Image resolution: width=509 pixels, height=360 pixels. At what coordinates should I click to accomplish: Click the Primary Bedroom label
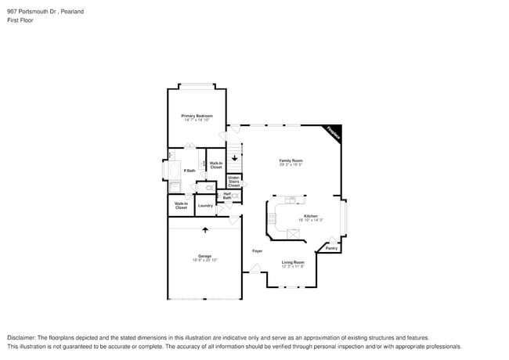tap(197, 116)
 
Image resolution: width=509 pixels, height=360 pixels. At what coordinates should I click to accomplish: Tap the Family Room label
tap(291, 160)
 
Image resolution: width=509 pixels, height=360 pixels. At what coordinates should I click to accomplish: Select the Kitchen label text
tap(310, 216)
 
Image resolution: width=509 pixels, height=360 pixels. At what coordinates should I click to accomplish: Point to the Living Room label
tap(293, 262)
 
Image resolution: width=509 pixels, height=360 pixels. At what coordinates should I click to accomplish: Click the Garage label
tap(204, 256)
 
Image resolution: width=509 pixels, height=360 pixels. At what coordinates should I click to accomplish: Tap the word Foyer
tap(257, 250)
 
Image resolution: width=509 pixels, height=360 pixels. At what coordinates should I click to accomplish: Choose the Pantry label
tap(331, 248)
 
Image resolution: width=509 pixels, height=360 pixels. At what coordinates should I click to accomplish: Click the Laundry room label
tap(205, 206)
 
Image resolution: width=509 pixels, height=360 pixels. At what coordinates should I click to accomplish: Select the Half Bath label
tap(227, 196)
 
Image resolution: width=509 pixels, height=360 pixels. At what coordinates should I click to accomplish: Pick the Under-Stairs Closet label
tap(233, 182)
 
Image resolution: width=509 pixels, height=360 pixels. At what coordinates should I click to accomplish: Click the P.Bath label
tap(189, 171)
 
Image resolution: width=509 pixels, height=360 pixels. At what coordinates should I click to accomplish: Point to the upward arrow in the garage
tap(205, 230)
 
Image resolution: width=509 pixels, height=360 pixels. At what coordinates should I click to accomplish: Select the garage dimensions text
tap(204, 260)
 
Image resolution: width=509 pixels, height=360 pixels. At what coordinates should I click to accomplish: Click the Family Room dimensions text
tap(291, 164)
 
